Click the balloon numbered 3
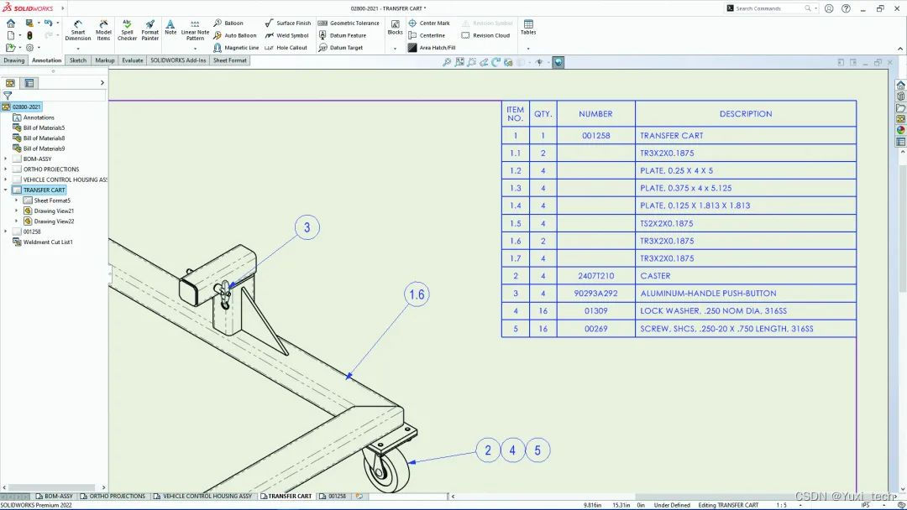307,227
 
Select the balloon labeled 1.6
417,294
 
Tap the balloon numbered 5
538,450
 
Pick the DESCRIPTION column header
745,114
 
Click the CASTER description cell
655,276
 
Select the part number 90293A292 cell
595,294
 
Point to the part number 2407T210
595,276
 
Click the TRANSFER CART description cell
671,136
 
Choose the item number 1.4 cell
515,206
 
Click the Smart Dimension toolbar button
78,30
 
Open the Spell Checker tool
127,30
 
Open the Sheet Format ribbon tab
229,60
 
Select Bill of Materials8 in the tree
44,138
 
